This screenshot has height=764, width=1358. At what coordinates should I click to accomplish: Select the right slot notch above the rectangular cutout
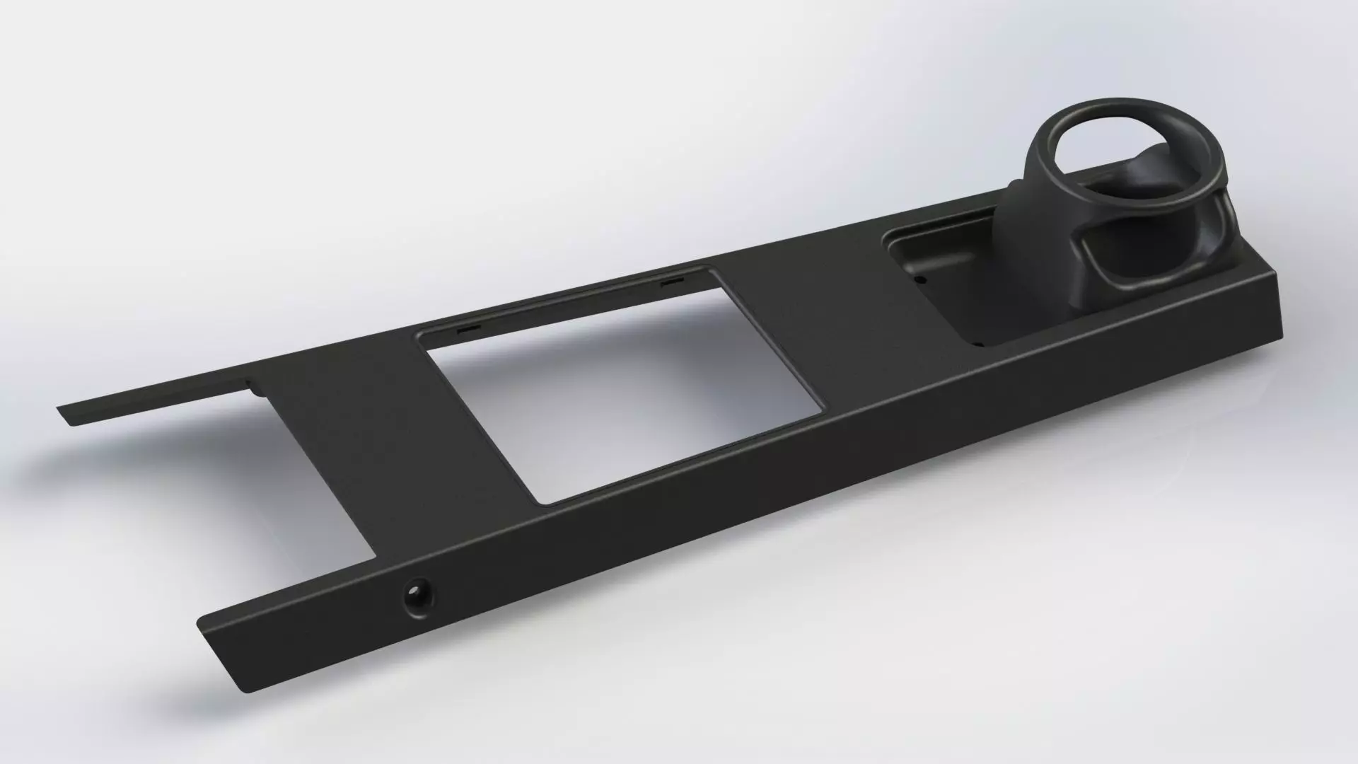pyautogui.click(x=671, y=282)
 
